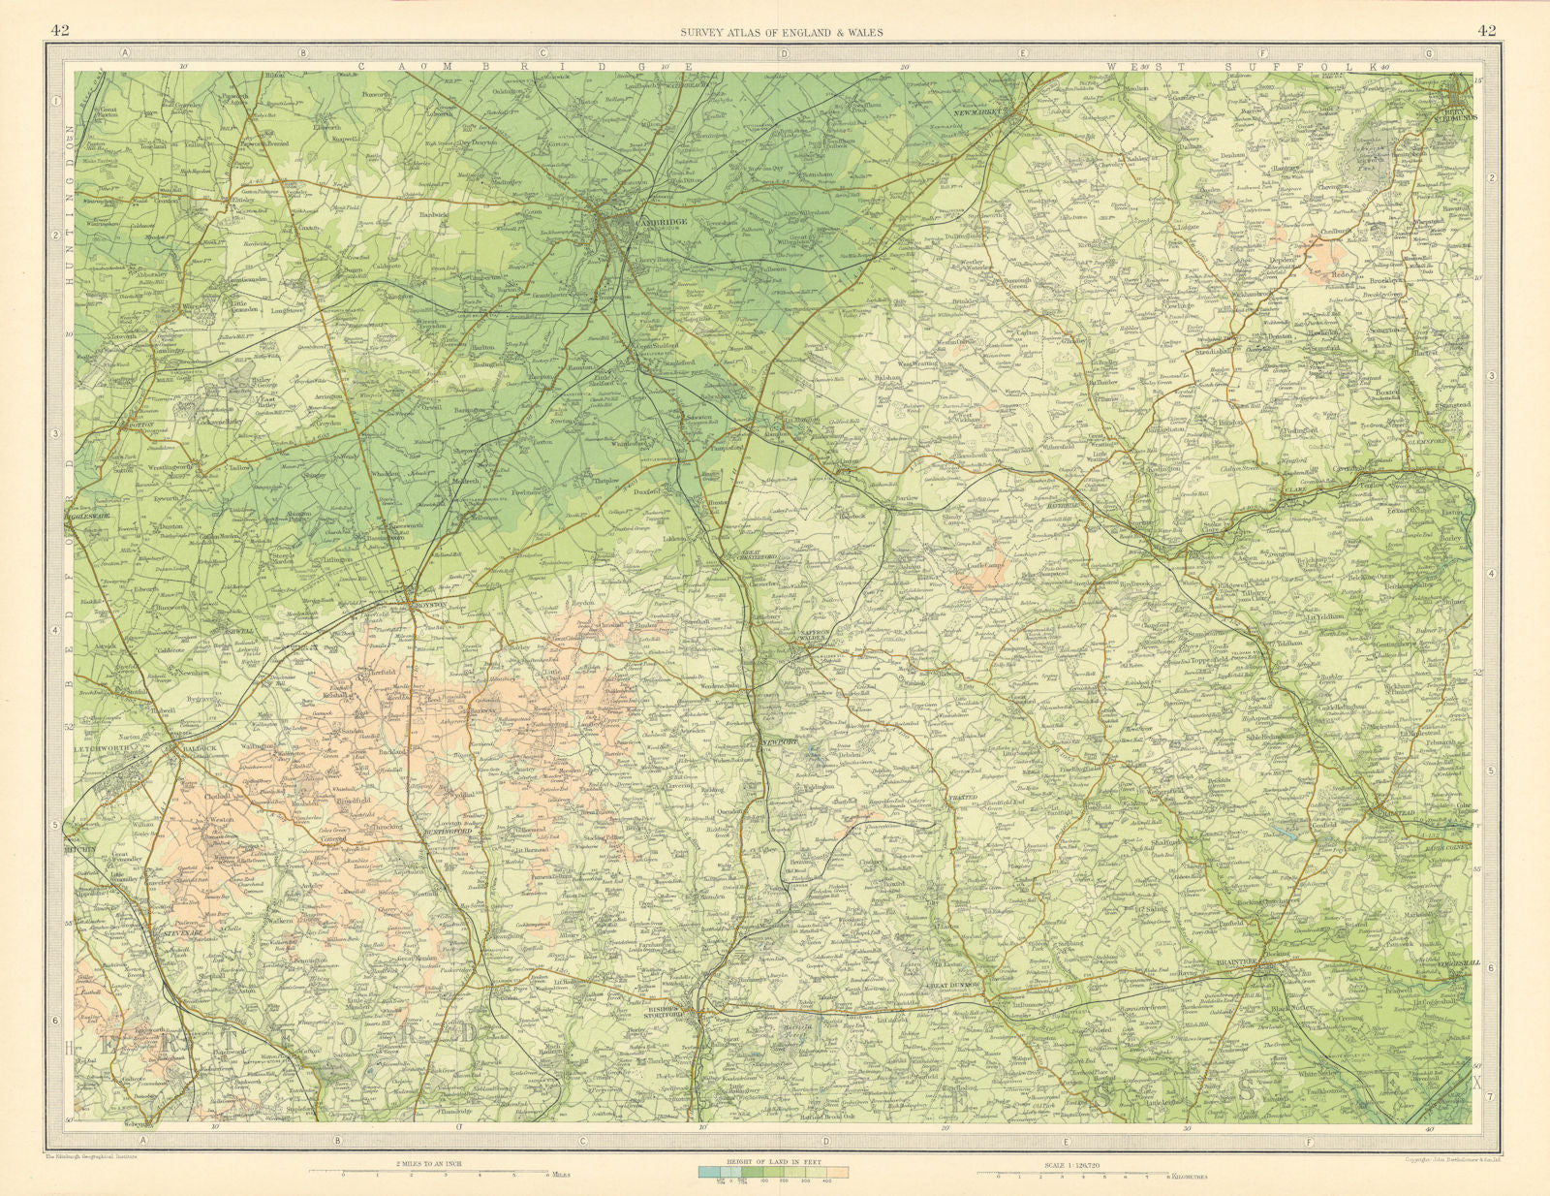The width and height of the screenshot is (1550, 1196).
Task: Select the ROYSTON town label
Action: [x=429, y=604]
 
